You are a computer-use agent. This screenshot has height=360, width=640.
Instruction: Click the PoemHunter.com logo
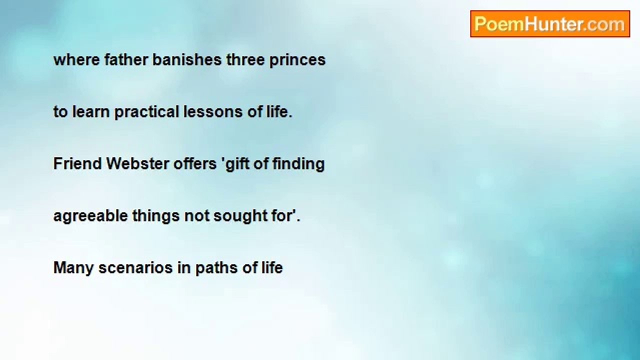pos(550,24)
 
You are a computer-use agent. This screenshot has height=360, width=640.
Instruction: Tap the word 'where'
pos(76,60)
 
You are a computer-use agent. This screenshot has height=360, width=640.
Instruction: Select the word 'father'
pos(126,60)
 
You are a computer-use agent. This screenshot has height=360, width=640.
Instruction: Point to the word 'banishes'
pos(187,60)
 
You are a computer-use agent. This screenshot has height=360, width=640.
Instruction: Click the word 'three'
pos(245,60)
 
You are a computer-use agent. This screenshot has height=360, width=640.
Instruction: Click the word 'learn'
pos(91,111)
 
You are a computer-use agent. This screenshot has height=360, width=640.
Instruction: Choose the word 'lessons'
pos(213,111)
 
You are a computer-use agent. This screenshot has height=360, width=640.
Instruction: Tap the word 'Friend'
pos(77,163)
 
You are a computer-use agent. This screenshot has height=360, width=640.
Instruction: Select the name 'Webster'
pos(137,163)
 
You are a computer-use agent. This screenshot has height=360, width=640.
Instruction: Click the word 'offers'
pos(195,163)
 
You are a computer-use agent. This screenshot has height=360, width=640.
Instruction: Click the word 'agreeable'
pos(90,217)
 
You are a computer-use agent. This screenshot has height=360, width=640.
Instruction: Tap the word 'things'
pos(156,217)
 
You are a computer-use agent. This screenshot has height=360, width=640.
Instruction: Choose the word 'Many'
pos(73,269)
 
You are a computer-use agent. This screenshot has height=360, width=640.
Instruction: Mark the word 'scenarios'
pos(135,268)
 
